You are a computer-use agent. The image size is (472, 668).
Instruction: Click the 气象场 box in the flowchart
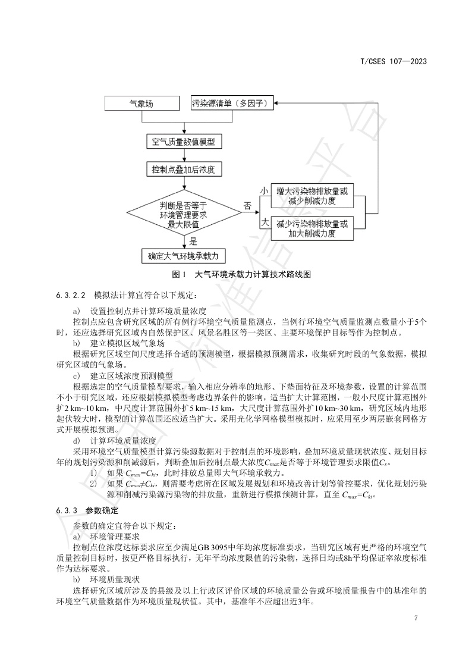click(x=141, y=104)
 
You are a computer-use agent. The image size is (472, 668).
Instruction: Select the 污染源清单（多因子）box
click(x=232, y=104)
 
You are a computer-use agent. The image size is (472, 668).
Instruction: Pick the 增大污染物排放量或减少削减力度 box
click(x=311, y=197)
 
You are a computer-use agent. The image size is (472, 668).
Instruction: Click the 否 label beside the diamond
click(x=247, y=206)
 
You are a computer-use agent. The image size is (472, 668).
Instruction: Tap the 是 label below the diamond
click(x=192, y=242)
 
